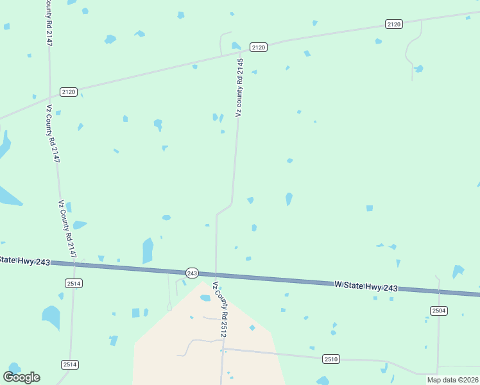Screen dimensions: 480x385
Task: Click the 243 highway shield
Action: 192,273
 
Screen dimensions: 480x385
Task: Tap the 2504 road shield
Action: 439,311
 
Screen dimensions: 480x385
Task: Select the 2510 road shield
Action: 331,359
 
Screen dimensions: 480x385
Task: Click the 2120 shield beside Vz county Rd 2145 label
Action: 259,47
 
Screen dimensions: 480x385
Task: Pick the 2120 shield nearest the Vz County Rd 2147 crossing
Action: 69,92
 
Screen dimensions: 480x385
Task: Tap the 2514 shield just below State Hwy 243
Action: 74,283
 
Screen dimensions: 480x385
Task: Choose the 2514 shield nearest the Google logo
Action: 70,364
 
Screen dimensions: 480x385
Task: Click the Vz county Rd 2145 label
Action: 240,87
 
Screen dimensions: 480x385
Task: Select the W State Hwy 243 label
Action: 366,286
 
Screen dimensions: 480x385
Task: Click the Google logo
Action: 21,377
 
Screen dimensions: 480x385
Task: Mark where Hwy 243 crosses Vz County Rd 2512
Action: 215,274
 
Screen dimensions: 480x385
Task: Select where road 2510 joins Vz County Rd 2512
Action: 222,348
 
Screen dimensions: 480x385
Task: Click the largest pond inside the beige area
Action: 205,298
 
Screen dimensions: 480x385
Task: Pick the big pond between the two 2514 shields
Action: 51,316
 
